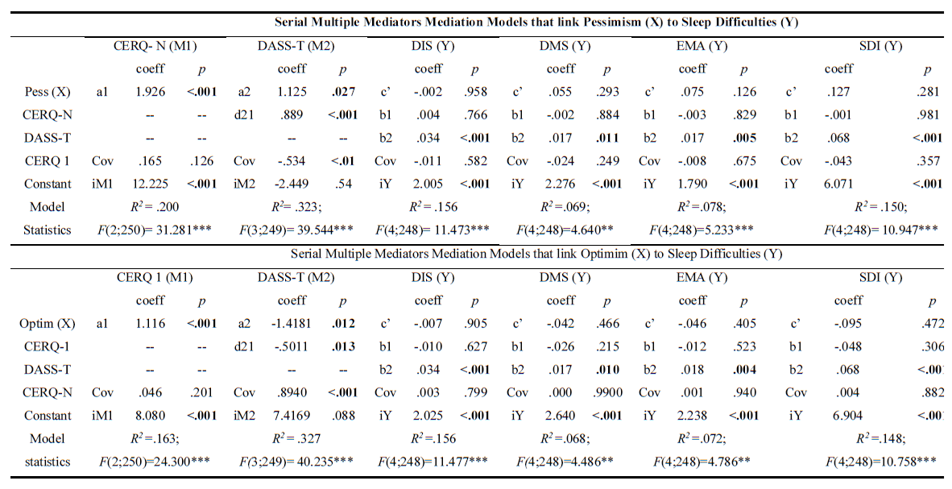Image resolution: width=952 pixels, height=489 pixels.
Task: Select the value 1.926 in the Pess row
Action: click(x=150, y=91)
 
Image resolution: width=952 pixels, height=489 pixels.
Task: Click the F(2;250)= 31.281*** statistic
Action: click(x=151, y=230)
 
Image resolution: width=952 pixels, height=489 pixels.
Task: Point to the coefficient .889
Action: click(x=292, y=114)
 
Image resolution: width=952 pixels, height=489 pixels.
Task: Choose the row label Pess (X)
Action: click(x=47, y=91)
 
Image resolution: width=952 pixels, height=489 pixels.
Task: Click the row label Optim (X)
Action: click(x=47, y=324)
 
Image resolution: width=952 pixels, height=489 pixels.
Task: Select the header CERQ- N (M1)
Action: click(x=148, y=46)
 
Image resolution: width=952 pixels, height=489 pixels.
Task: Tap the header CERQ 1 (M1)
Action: click(x=148, y=278)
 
